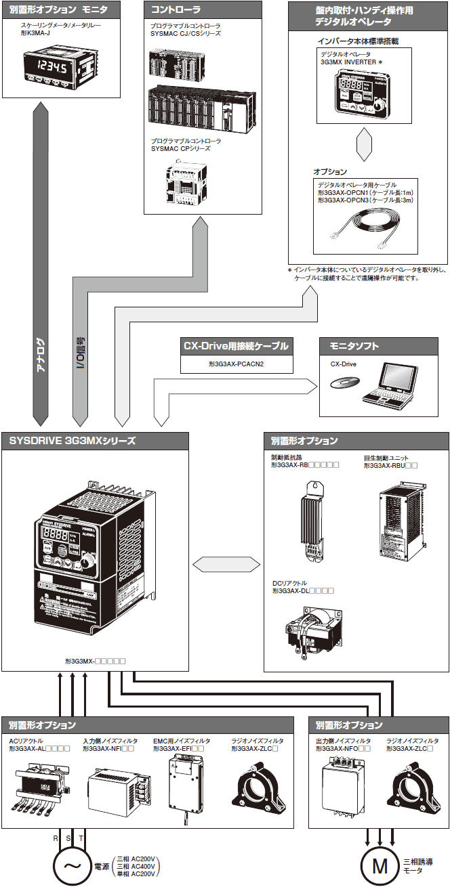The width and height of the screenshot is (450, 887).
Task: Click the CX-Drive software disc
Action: pyautogui.click(x=341, y=385)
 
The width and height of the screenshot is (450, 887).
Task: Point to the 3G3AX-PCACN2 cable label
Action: pyautogui.click(x=236, y=364)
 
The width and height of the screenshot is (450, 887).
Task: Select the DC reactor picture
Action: pyautogui.click(x=309, y=630)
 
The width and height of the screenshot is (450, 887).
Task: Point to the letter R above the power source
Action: pyautogui.click(x=56, y=838)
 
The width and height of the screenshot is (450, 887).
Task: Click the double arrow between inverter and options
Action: pyautogui.click(x=220, y=564)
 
